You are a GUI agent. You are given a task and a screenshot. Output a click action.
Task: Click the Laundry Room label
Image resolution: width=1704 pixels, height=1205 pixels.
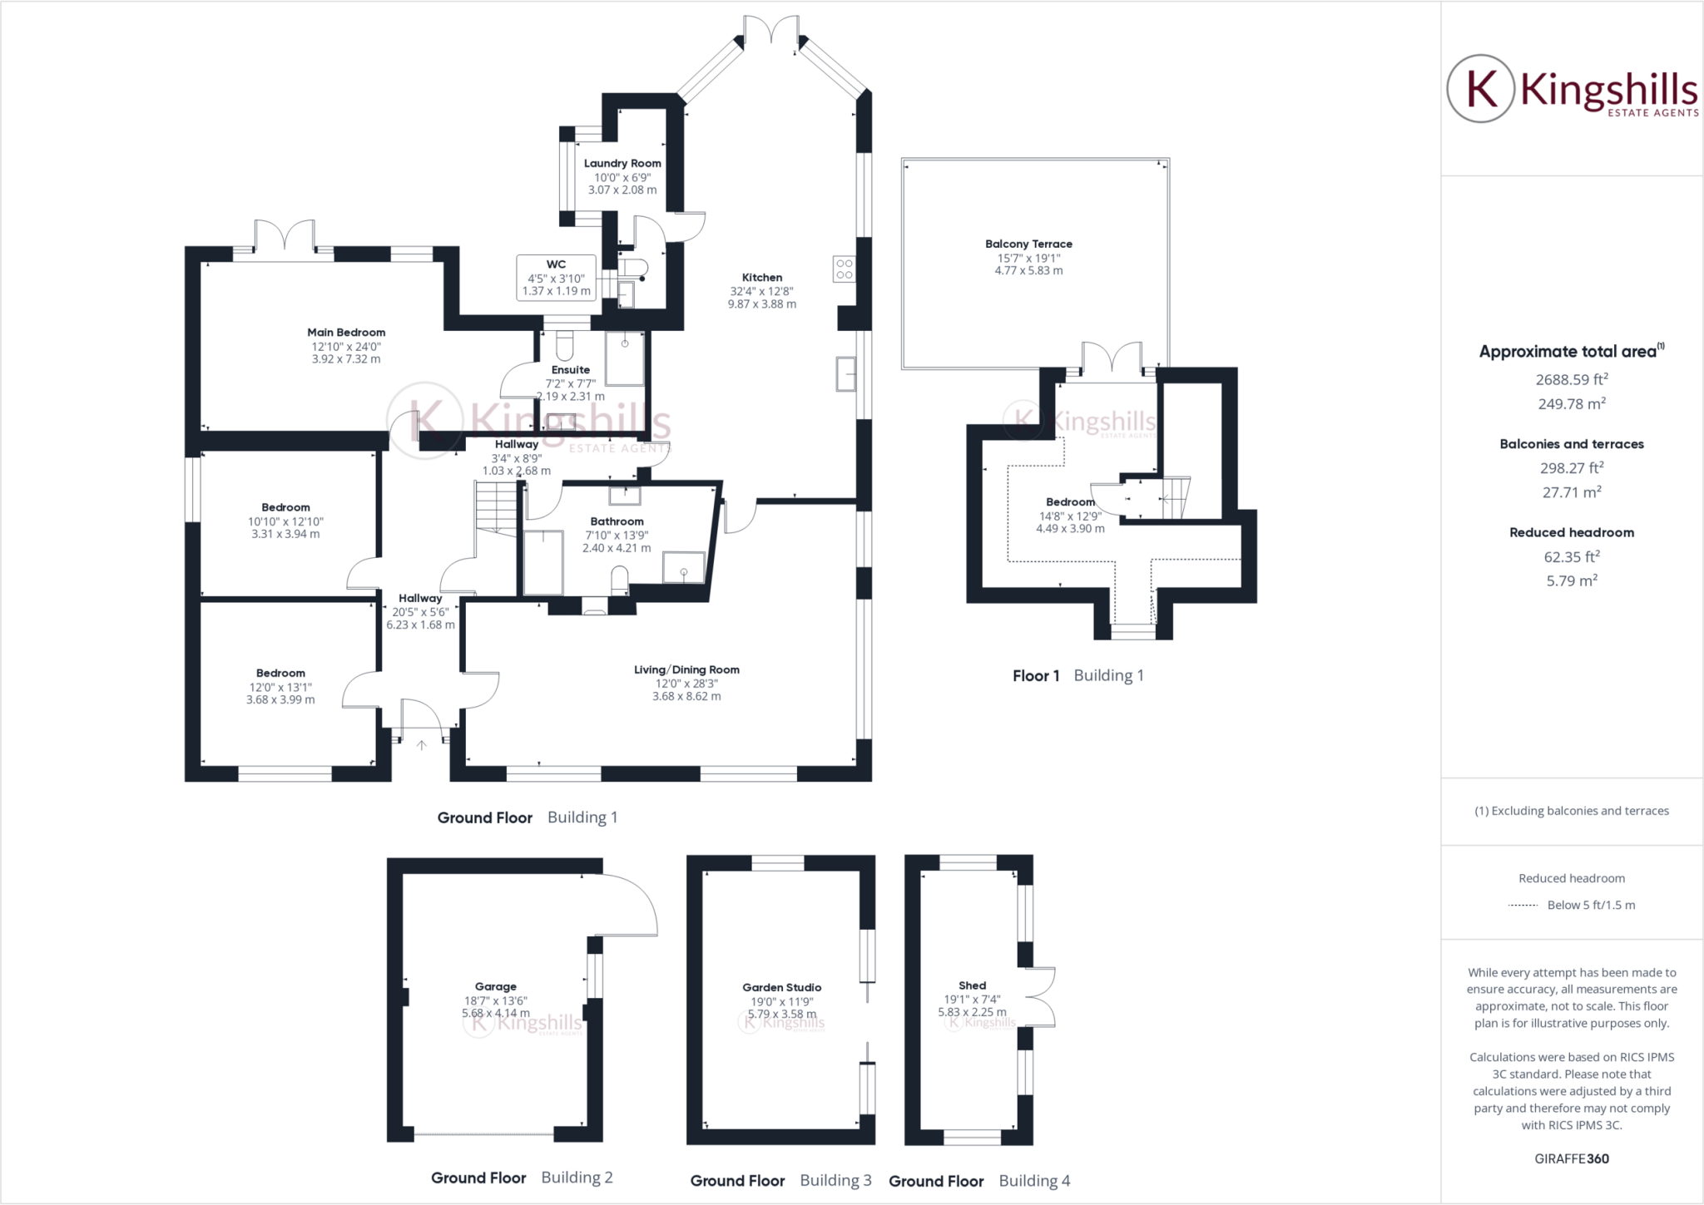pyautogui.click(x=622, y=164)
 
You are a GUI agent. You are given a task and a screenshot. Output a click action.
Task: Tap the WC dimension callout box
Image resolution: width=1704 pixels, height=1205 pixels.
pyautogui.click(x=556, y=278)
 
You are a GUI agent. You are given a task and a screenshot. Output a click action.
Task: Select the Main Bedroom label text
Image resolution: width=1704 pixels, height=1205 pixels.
pyautogui.click(x=346, y=333)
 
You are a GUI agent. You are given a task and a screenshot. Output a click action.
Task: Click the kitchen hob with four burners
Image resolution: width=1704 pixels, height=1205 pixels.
pyautogui.click(x=844, y=269)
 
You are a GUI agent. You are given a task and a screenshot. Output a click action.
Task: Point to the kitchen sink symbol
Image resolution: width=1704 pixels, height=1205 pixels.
pyautogui.click(x=845, y=374)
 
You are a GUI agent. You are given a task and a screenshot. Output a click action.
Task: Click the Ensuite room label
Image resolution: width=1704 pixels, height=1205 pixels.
pyautogui.click(x=570, y=370)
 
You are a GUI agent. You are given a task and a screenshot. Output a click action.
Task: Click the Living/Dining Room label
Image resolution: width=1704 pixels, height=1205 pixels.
pyautogui.click(x=686, y=669)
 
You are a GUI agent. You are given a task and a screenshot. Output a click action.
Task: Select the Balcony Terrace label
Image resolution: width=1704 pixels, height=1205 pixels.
pyautogui.click(x=1028, y=244)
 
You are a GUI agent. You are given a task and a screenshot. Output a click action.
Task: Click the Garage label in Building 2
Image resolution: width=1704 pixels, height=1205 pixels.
pyautogui.click(x=495, y=986)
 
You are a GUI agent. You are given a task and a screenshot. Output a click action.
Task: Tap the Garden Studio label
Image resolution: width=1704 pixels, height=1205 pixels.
pyautogui.click(x=781, y=987)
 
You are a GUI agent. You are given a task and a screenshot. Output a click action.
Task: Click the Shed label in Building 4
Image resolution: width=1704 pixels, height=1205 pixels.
pyautogui.click(x=972, y=985)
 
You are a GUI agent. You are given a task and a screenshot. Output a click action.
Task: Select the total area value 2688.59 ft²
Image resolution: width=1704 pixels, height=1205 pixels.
pyautogui.click(x=1571, y=380)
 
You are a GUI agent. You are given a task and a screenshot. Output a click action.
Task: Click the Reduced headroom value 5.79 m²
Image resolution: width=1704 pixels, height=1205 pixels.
pyautogui.click(x=1571, y=581)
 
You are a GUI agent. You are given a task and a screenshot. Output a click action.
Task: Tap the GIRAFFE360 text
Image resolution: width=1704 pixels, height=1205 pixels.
pyautogui.click(x=1571, y=1158)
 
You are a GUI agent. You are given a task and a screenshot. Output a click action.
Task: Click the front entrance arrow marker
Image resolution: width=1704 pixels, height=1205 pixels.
pyautogui.click(x=421, y=745)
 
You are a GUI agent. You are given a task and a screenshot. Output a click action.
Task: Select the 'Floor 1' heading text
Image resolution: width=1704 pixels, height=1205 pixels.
pyautogui.click(x=1035, y=676)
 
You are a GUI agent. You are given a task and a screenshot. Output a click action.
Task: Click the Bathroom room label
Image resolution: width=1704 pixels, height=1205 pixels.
pyautogui.click(x=617, y=521)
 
